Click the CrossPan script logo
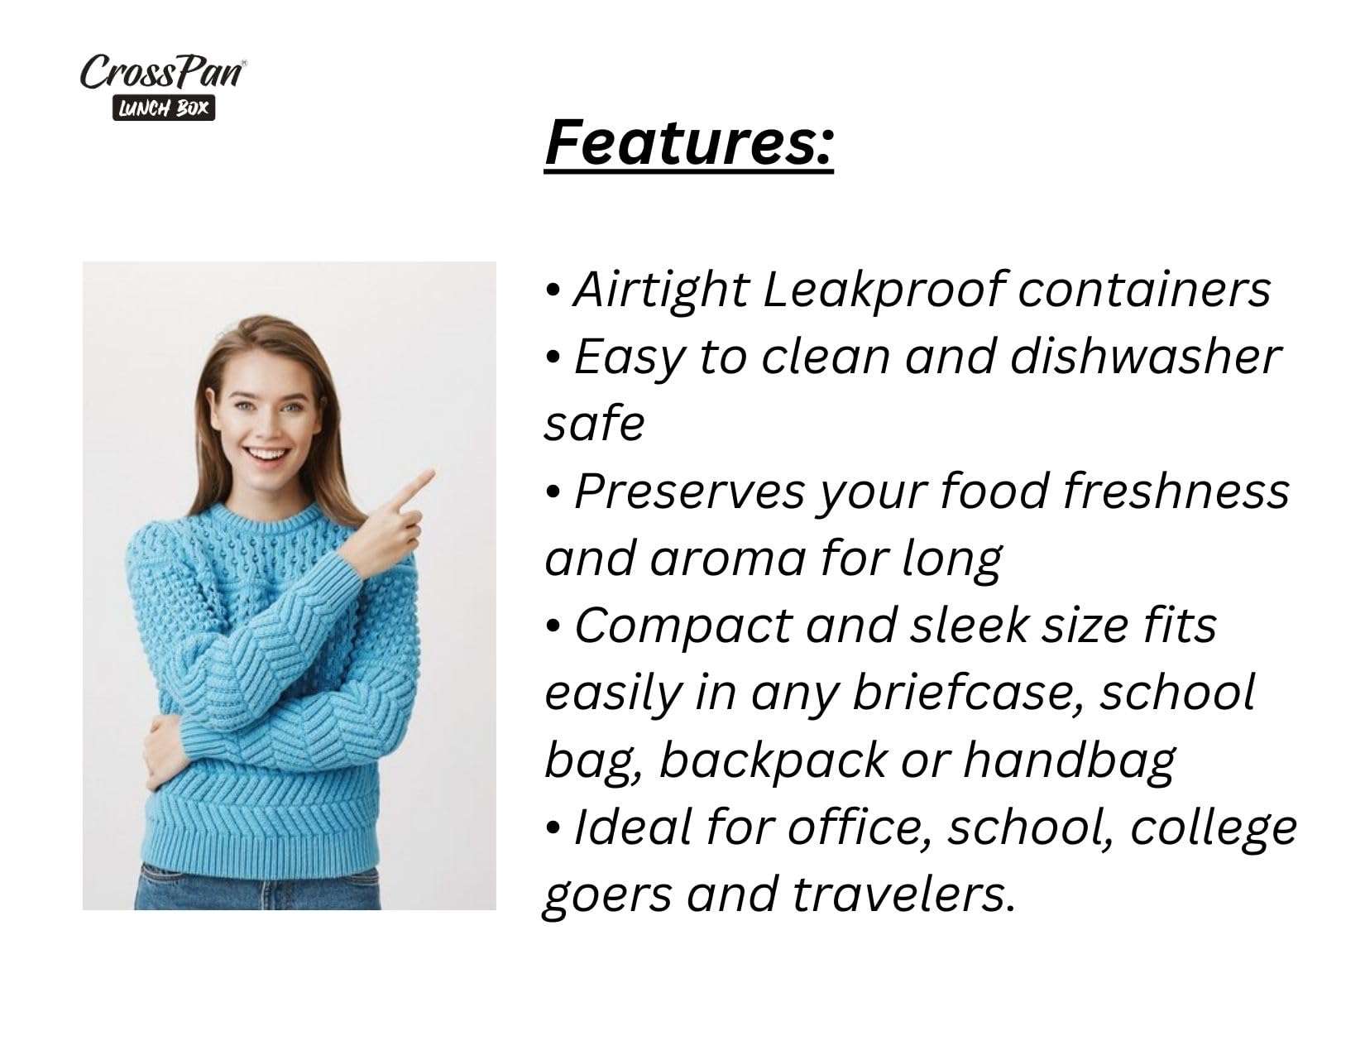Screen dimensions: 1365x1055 click(x=163, y=72)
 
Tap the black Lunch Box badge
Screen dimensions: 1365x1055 click(x=163, y=108)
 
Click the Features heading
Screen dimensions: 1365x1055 click(x=688, y=145)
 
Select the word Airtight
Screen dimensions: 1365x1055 click(x=661, y=290)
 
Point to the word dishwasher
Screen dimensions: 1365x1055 click(x=1145, y=357)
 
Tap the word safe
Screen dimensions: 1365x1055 click(x=594, y=424)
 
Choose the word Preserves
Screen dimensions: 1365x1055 click(x=689, y=492)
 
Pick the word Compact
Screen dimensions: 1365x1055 click(x=682, y=627)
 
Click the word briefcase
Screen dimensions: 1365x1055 click(x=970, y=693)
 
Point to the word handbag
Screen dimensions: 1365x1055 click(x=1069, y=761)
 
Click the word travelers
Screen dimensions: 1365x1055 click(x=903, y=894)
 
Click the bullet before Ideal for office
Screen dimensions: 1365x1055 click(x=552, y=829)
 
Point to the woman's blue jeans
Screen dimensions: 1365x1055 click(x=257, y=886)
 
